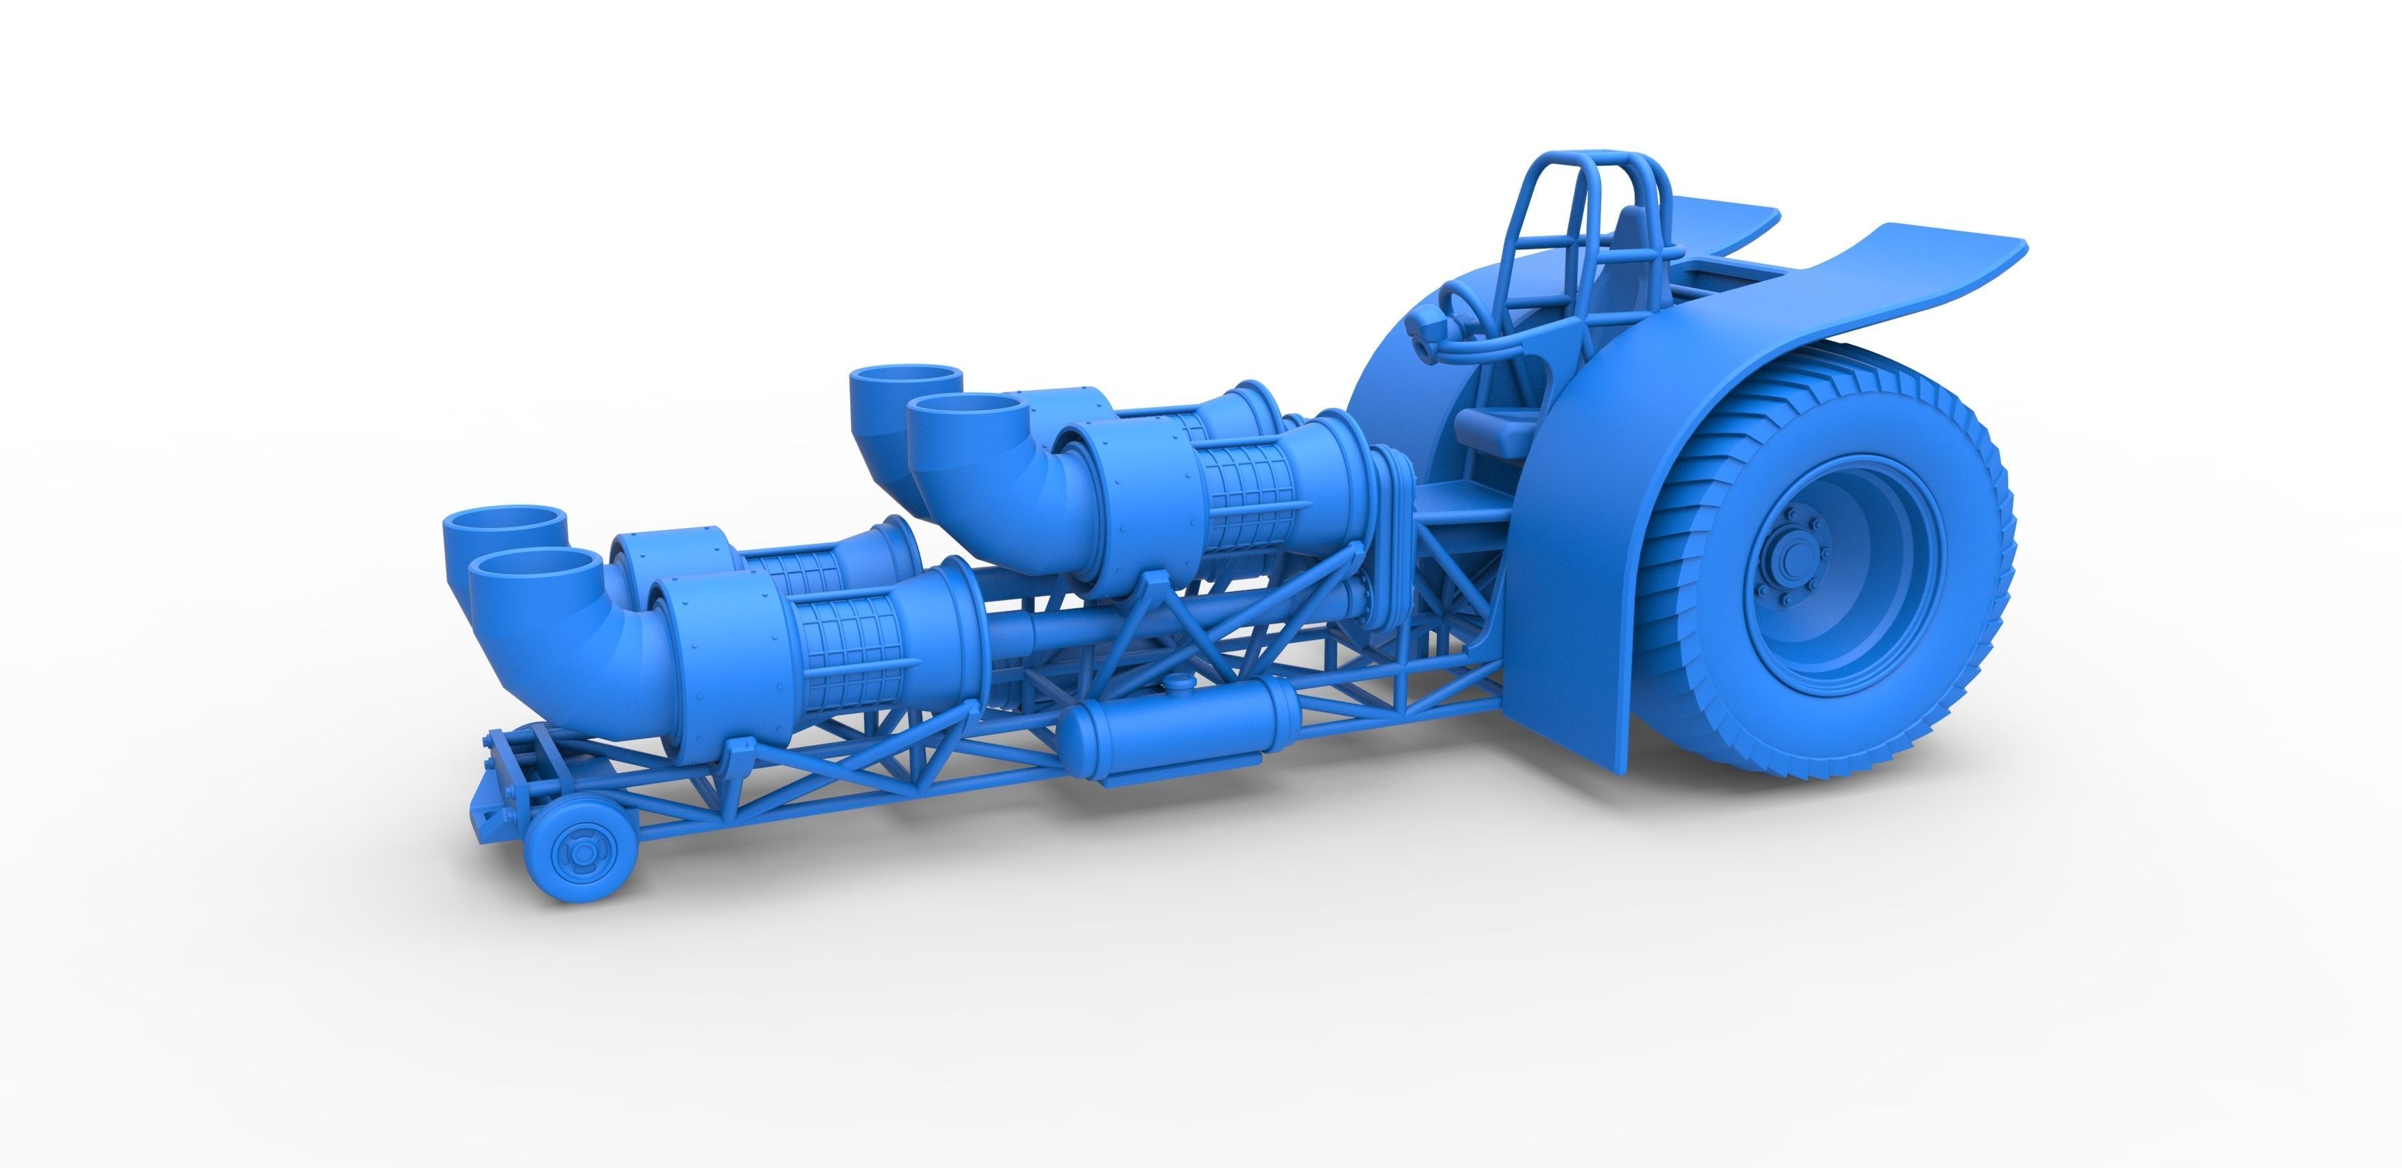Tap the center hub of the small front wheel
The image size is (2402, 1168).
571,851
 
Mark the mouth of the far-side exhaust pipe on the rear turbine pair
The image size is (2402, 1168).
907,380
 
